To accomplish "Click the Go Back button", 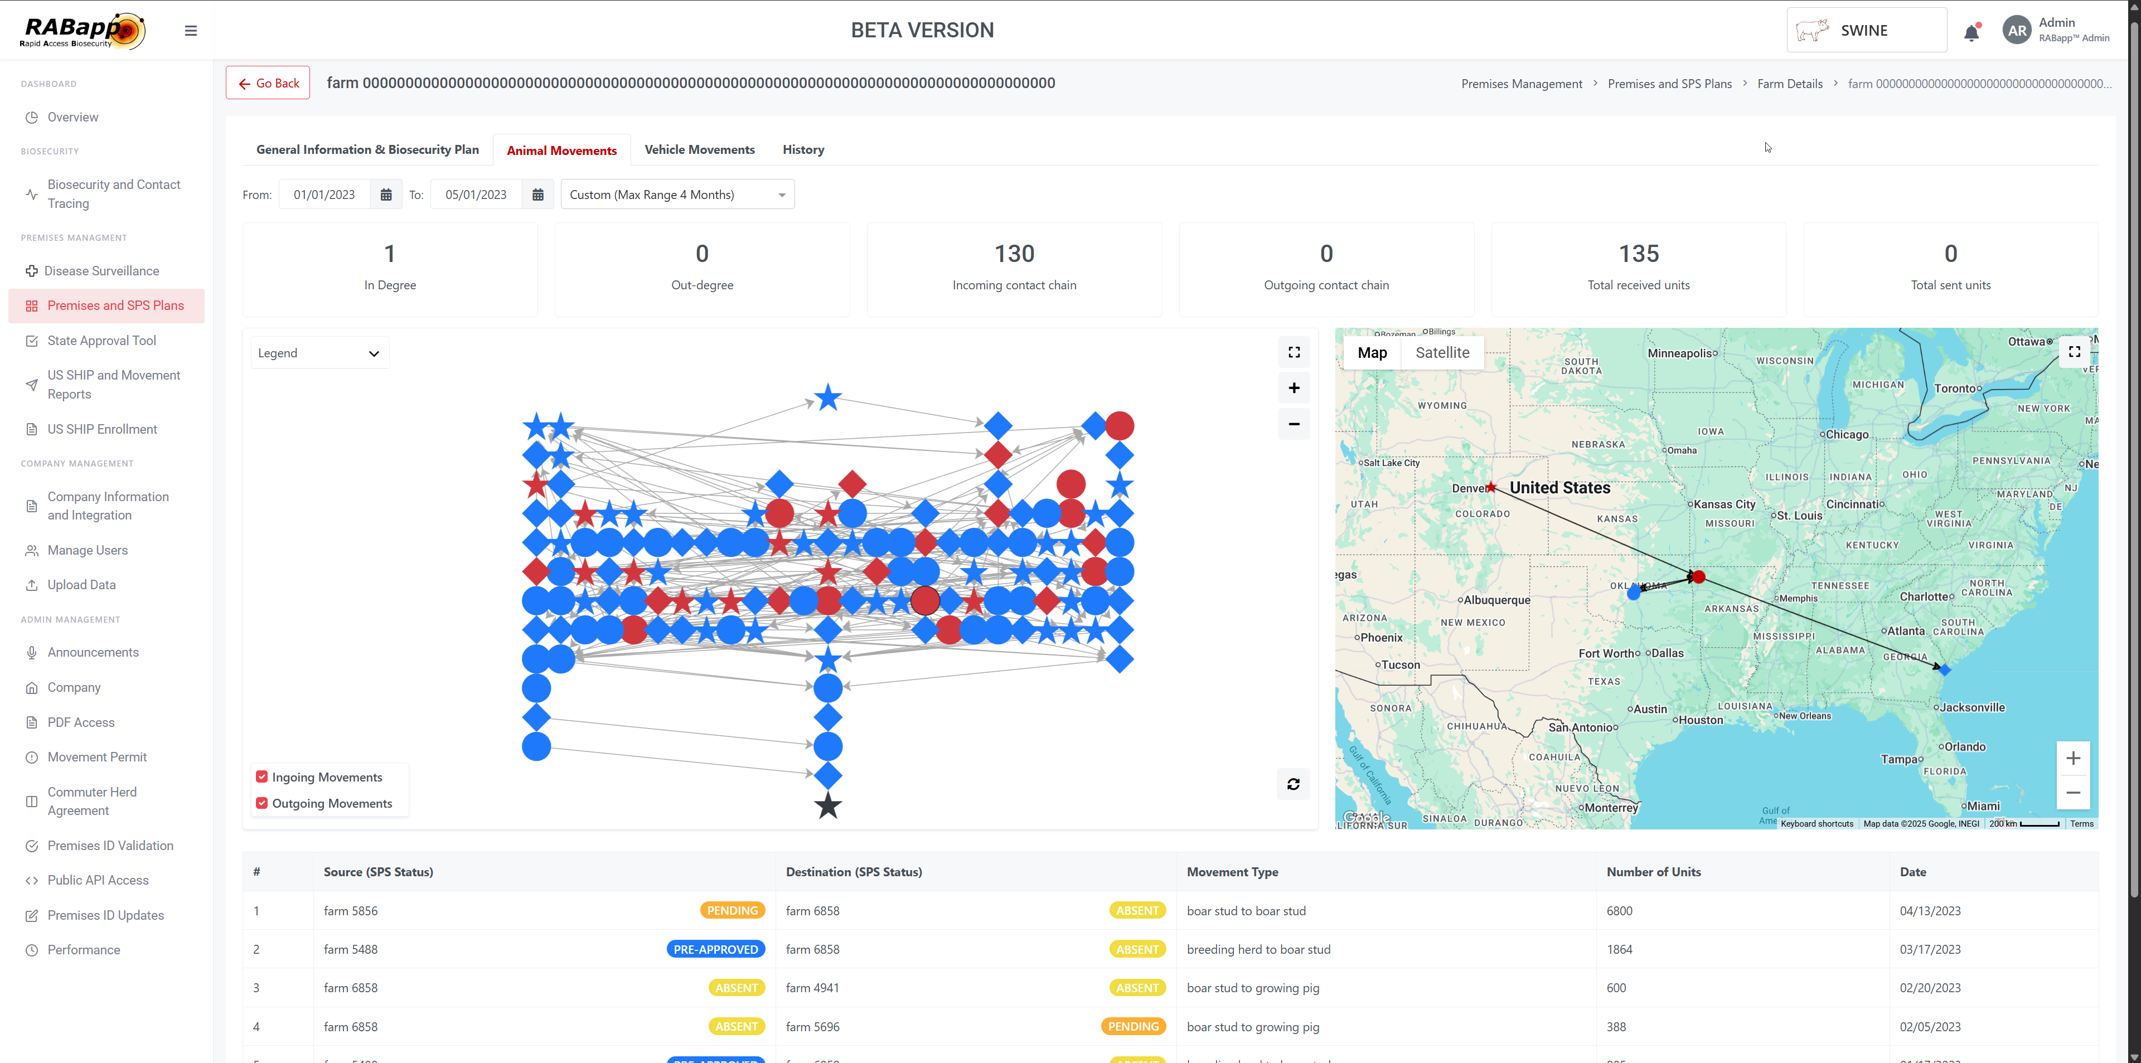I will (268, 83).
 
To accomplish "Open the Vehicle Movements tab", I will (699, 149).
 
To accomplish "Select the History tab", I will (803, 149).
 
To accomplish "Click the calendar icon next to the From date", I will (386, 195).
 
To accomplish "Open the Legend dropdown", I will (318, 353).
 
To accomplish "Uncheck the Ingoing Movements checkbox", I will (262, 776).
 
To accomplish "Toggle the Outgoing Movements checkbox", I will (262, 803).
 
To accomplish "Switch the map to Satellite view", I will (1441, 352).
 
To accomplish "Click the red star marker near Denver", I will (1491, 487).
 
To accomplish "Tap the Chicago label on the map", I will (1846, 435).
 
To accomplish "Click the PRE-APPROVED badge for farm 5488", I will (715, 949).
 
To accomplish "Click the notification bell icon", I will (1970, 32).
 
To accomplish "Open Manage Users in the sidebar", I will (88, 550).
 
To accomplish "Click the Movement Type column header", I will (1232, 872).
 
